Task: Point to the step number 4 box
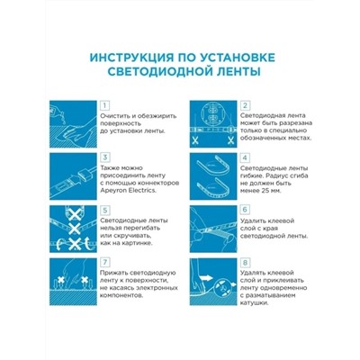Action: click(245, 155)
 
